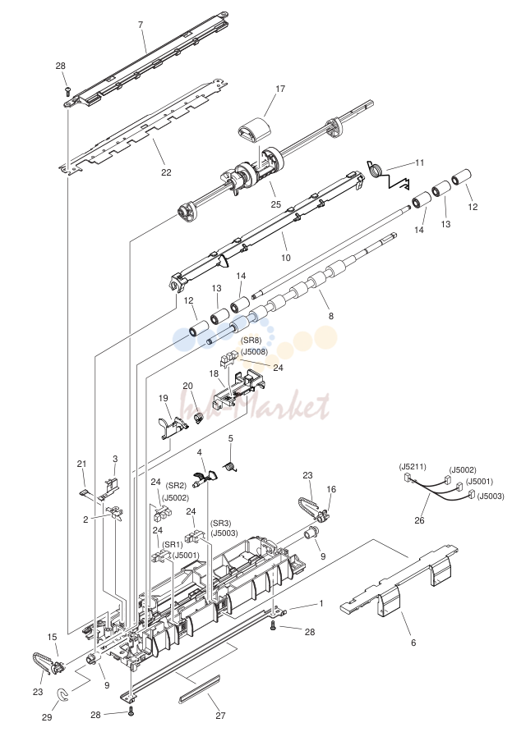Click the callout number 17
pyautogui.click(x=280, y=89)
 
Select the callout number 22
pyautogui.click(x=167, y=172)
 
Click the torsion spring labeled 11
pyautogui.click(x=387, y=175)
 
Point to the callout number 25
pyautogui.click(x=276, y=204)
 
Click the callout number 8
pyautogui.click(x=331, y=316)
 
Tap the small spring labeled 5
pyautogui.click(x=229, y=466)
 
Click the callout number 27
pyautogui.click(x=220, y=716)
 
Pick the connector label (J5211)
pyautogui.click(x=413, y=467)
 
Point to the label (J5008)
pyautogui.click(x=255, y=351)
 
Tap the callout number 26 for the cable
pyautogui.click(x=419, y=520)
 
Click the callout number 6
pyautogui.click(x=413, y=643)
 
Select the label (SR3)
pyautogui.click(x=220, y=524)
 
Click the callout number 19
pyautogui.click(x=164, y=398)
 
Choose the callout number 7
pyautogui.click(x=141, y=25)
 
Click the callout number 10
pyautogui.click(x=286, y=258)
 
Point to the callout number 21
pyautogui.click(x=82, y=464)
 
